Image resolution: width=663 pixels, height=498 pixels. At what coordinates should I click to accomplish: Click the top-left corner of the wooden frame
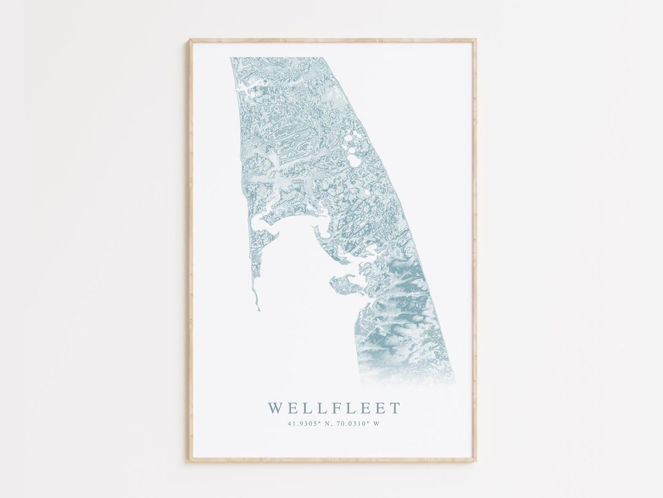190,40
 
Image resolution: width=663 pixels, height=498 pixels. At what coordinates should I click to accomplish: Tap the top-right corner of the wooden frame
475,40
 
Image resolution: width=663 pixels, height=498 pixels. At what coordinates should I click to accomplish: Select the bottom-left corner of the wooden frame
190,460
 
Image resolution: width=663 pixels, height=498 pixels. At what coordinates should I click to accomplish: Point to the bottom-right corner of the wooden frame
475,460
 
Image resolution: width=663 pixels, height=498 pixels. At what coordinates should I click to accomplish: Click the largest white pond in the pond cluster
354,160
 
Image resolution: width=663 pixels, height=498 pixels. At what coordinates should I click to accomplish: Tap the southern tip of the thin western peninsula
258,309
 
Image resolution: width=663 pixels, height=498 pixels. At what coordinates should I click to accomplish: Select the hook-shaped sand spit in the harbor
319,233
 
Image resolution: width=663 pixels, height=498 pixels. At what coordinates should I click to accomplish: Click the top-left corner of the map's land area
231,58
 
